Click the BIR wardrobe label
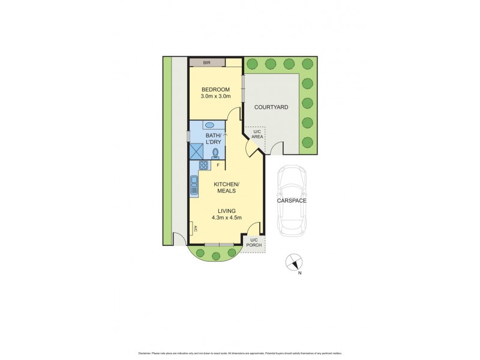tap(207, 62)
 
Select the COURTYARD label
tap(271, 107)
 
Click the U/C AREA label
tap(256, 134)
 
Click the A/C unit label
tap(194, 228)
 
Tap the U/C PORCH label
tap(256, 244)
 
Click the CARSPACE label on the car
tap(292, 200)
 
